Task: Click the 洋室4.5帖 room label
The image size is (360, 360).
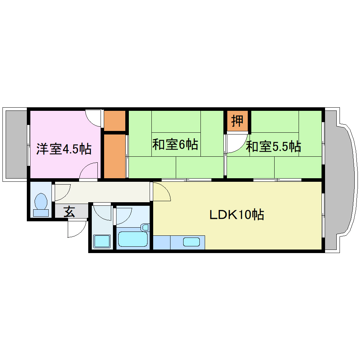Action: point(64,149)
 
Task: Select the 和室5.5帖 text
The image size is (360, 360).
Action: point(273,146)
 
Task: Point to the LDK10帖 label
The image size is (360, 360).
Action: point(237,215)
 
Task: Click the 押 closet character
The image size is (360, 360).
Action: point(237,121)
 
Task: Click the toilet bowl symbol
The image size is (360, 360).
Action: point(41,202)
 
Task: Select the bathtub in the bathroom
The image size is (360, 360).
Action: point(133,239)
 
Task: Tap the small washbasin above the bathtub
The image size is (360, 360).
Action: point(145,227)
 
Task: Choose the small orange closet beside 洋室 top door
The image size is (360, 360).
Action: point(115,120)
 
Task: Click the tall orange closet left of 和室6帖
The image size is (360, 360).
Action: point(115,155)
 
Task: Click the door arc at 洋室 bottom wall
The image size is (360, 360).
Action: point(88,172)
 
